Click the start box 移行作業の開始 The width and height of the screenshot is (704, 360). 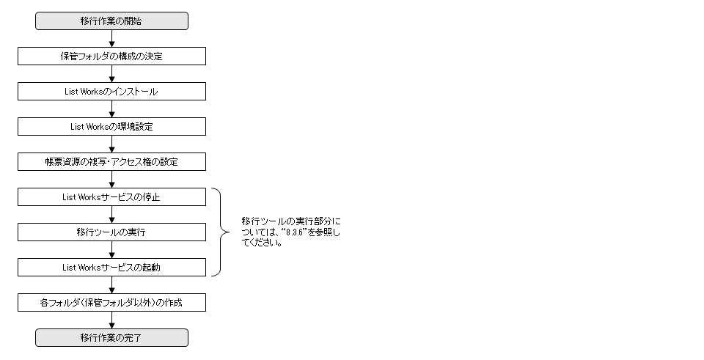[x=111, y=21]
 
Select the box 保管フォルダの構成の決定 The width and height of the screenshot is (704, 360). [x=111, y=56]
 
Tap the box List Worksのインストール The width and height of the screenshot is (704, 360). [x=111, y=92]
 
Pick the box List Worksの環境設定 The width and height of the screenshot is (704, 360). [x=111, y=127]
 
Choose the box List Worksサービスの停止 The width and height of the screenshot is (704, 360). [x=111, y=197]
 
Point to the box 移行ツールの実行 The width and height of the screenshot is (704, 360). [x=111, y=232]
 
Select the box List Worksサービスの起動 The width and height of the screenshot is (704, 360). [x=111, y=268]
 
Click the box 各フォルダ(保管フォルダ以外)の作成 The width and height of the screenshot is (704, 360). [x=111, y=302]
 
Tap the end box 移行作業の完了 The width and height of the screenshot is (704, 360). [x=111, y=337]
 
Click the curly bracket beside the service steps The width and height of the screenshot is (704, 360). [x=221, y=232]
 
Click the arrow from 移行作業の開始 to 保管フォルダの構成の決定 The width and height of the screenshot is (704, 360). [x=111, y=39]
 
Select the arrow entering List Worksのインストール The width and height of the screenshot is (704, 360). [x=111, y=74]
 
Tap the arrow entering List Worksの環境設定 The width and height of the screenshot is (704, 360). [x=111, y=109]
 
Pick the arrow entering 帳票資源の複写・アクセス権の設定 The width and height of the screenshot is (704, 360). [x=111, y=144]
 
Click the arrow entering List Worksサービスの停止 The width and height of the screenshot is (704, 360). [x=111, y=180]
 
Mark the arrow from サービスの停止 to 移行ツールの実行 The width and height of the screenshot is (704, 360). [x=111, y=215]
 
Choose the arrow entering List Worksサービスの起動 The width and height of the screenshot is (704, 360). [x=111, y=250]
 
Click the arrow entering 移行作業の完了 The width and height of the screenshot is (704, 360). [x=111, y=320]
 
